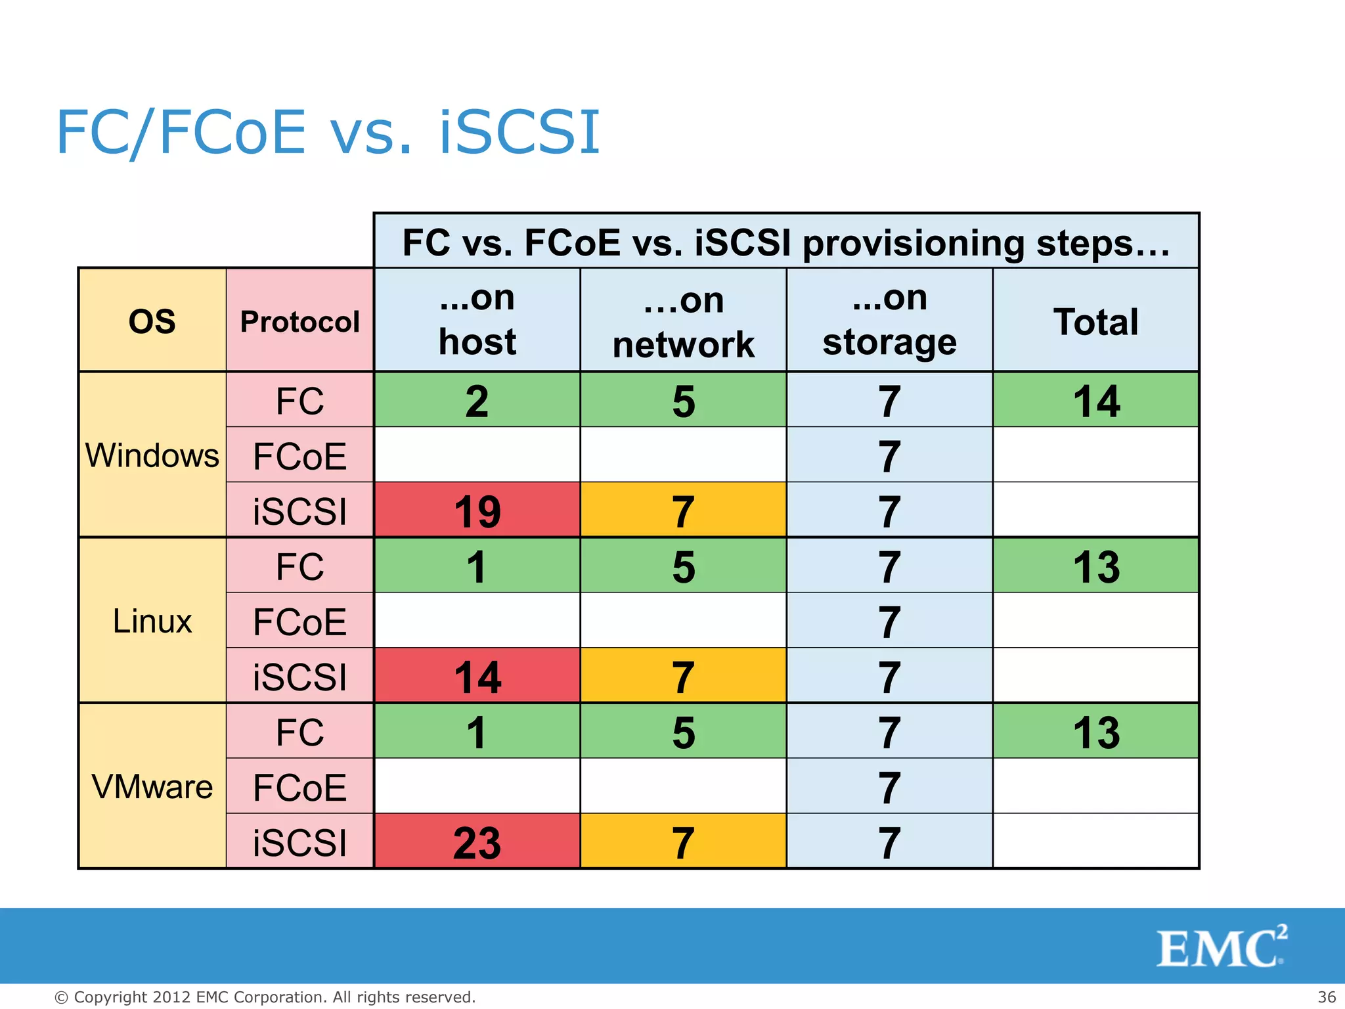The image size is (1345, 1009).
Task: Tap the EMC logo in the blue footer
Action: [x=1222, y=947]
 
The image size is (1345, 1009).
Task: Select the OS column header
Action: [x=152, y=321]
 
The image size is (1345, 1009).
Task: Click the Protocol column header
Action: [x=300, y=321]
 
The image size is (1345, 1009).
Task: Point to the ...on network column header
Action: [x=683, y=321]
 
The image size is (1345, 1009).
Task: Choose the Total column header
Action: [x=1095, y=321]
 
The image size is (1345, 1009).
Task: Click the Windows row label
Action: [x=152, y=455]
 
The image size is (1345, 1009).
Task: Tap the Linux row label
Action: [x=152, y=621]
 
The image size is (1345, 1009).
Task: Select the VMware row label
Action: [x=152, y=786]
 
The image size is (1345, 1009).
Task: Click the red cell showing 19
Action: [x=477, y=511]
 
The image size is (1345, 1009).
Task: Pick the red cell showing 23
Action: [x=477, y=842]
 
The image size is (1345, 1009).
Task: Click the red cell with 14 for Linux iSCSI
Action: [x=477, y=677]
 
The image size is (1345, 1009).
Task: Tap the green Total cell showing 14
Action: [x=1095, y=401]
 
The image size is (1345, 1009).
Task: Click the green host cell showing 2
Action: [x=477, y=401]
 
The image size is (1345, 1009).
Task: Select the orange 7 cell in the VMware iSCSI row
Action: [x=683, y=842]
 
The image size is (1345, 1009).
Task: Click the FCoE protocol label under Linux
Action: [x=300, y=621]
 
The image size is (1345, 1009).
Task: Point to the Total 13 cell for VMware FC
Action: [x=1095, y=732]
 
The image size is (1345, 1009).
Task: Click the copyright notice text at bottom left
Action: [x=265, y=997]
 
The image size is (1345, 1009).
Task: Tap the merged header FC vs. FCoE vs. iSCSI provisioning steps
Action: [x=786, y=242]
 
